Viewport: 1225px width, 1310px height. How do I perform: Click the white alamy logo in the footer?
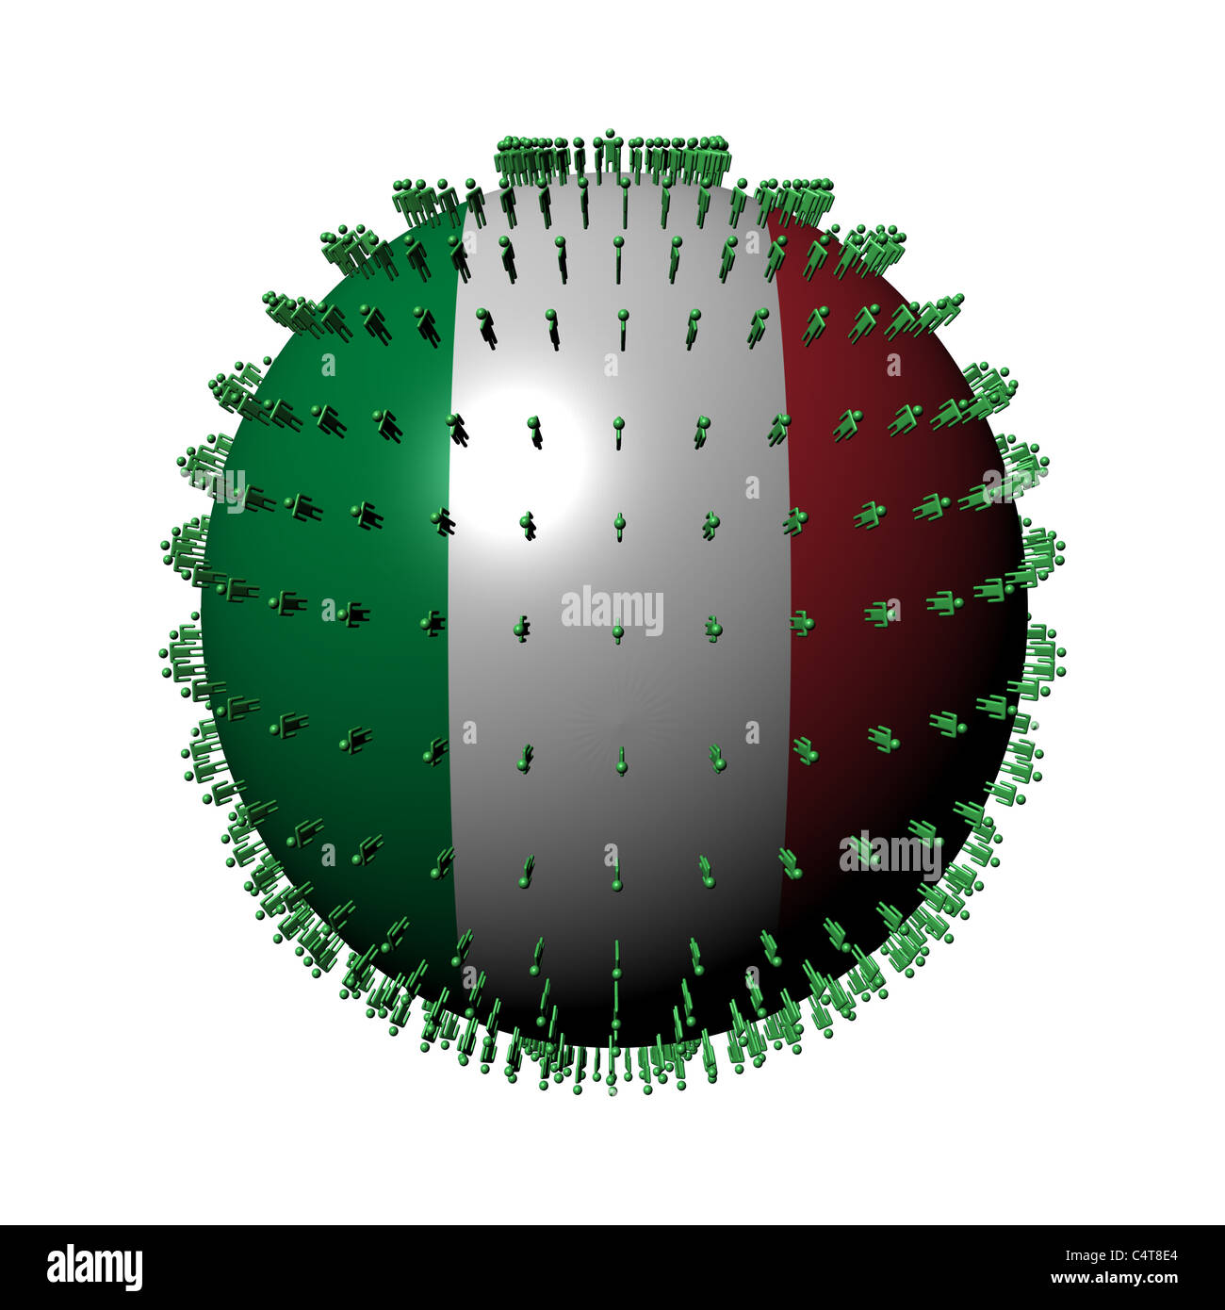coord(94,1267)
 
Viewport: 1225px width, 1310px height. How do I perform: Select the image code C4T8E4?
coord(1144,1254)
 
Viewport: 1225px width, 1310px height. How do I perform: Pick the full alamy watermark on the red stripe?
coord(890,854)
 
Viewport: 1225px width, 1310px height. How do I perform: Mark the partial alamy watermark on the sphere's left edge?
coord(226,489)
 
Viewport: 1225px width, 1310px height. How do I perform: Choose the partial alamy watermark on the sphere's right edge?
coord(1004,487)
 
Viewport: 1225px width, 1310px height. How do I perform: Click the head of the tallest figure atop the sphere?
coord(610,133)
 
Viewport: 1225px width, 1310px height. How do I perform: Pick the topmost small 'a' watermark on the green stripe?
coord(328,365)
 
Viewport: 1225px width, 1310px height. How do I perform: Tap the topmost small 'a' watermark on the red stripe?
coord(892,365)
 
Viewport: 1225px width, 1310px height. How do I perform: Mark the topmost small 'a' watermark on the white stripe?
coord(611,365)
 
